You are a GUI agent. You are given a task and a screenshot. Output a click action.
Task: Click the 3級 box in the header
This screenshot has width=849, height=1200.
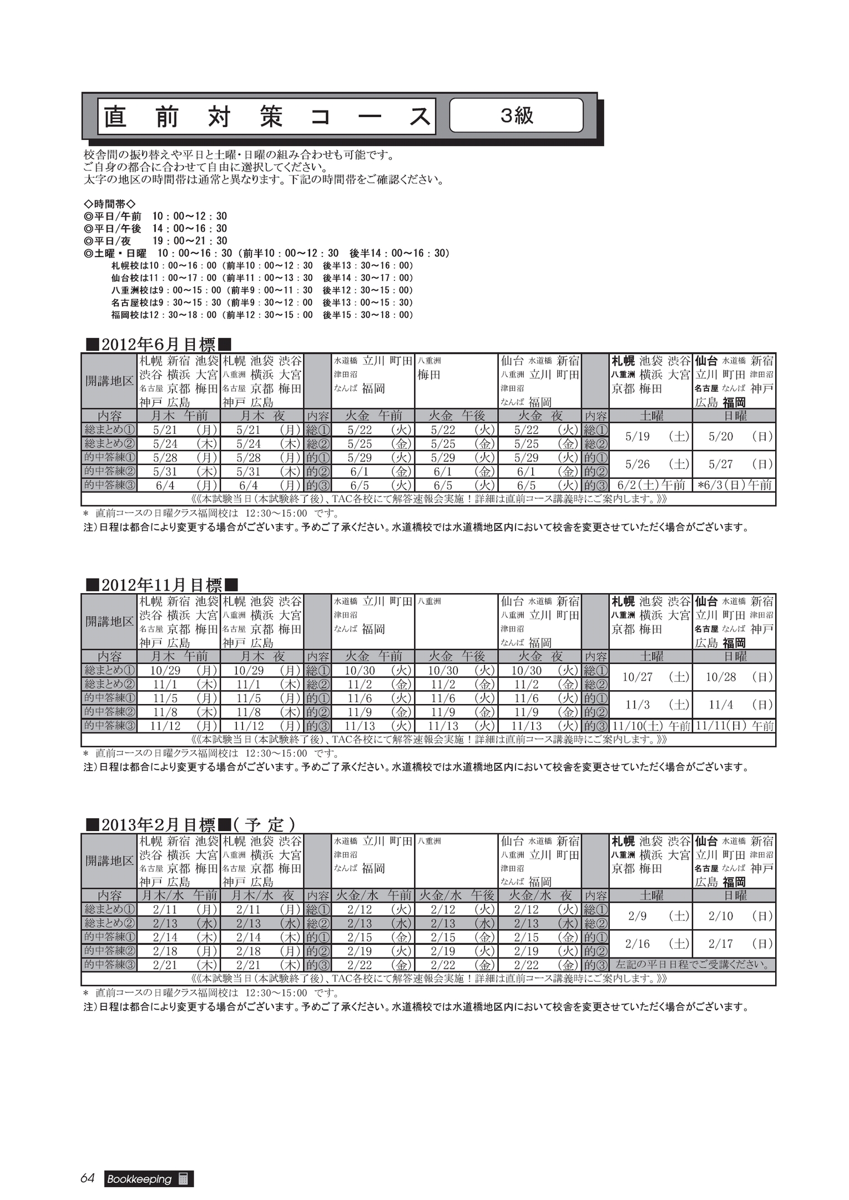516,115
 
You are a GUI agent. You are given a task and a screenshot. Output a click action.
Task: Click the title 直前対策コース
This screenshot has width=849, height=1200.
267,117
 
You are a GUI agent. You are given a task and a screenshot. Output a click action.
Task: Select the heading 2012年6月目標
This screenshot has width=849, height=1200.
158,345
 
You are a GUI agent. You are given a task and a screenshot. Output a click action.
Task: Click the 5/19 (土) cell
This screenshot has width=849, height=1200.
651,437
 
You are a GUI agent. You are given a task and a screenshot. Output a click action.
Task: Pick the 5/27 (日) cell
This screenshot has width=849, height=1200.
734,464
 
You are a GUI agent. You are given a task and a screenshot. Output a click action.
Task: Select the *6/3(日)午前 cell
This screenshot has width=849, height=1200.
734,485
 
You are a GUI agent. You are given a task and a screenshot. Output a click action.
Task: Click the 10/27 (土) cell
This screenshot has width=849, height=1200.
651,677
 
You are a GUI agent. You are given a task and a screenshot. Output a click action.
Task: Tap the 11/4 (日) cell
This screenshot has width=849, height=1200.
734,705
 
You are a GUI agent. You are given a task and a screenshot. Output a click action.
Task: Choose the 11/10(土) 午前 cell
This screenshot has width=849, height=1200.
651,726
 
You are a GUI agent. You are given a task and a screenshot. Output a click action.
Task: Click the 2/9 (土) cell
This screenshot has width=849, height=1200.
651,917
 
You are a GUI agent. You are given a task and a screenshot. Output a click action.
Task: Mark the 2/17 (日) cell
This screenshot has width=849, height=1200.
734,944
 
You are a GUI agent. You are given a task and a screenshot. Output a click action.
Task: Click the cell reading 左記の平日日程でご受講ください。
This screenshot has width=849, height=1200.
693,965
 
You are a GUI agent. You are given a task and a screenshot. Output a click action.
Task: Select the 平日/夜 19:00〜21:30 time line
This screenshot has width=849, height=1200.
155,241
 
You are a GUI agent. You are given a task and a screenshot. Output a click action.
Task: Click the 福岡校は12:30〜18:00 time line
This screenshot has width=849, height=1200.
262,315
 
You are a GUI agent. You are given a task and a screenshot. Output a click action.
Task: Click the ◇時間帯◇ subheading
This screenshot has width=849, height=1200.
109,204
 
